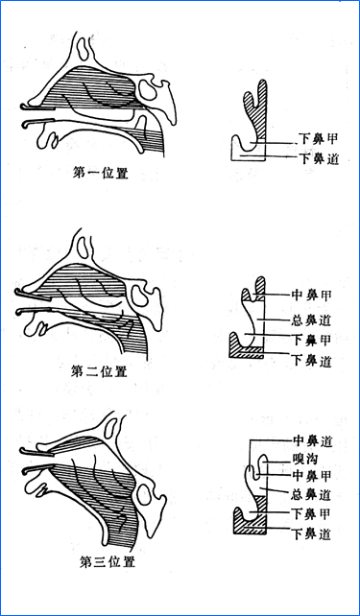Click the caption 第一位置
[x=102, y=175]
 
